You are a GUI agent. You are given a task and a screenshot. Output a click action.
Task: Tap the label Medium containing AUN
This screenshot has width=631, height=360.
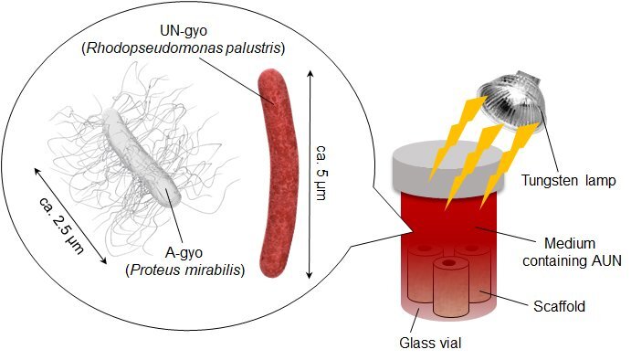click(x=582, y=252)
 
